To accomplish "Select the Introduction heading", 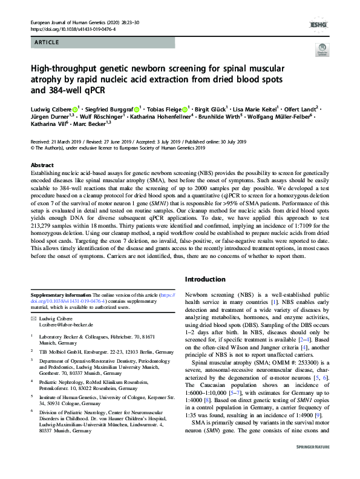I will pos(205,280).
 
